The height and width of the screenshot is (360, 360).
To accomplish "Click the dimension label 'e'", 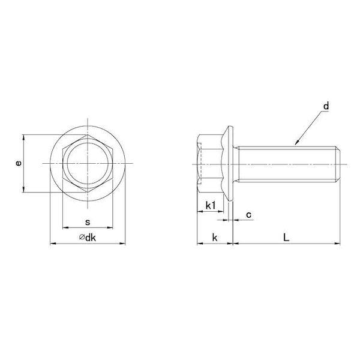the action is click(19, 163).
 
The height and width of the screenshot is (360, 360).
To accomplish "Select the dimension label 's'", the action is click(88, 222).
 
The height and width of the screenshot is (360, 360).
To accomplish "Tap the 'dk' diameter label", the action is click(91, 238).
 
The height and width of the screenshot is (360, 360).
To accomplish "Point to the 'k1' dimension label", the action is click(211, 205).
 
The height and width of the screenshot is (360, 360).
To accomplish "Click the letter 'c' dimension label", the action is click(248, 215).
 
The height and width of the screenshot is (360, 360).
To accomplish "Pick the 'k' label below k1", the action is click(215, 238).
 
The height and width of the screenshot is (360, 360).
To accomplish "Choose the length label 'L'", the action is click(286, 238).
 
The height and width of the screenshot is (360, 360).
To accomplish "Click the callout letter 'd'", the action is click(326, 106).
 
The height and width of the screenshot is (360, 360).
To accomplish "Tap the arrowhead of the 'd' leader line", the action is click(296, 143).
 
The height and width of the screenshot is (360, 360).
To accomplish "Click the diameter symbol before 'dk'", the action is click(82, 237).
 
